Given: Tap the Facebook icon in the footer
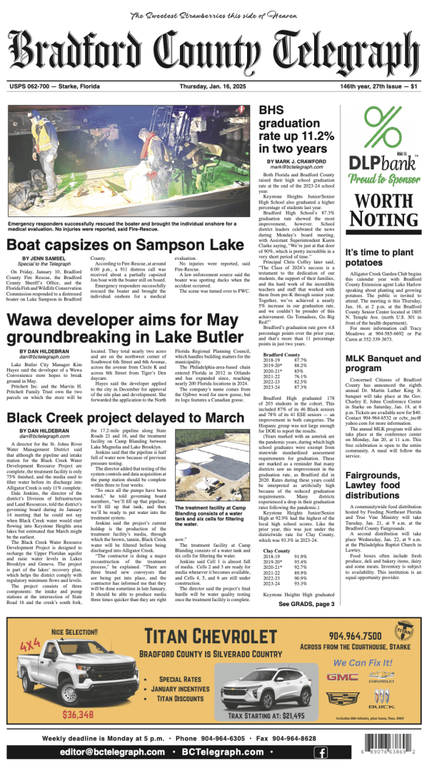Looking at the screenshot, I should pyautogui.click(x=322, y=752).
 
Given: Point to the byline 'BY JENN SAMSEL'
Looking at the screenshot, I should pyautogui.click(x=45, y=258).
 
